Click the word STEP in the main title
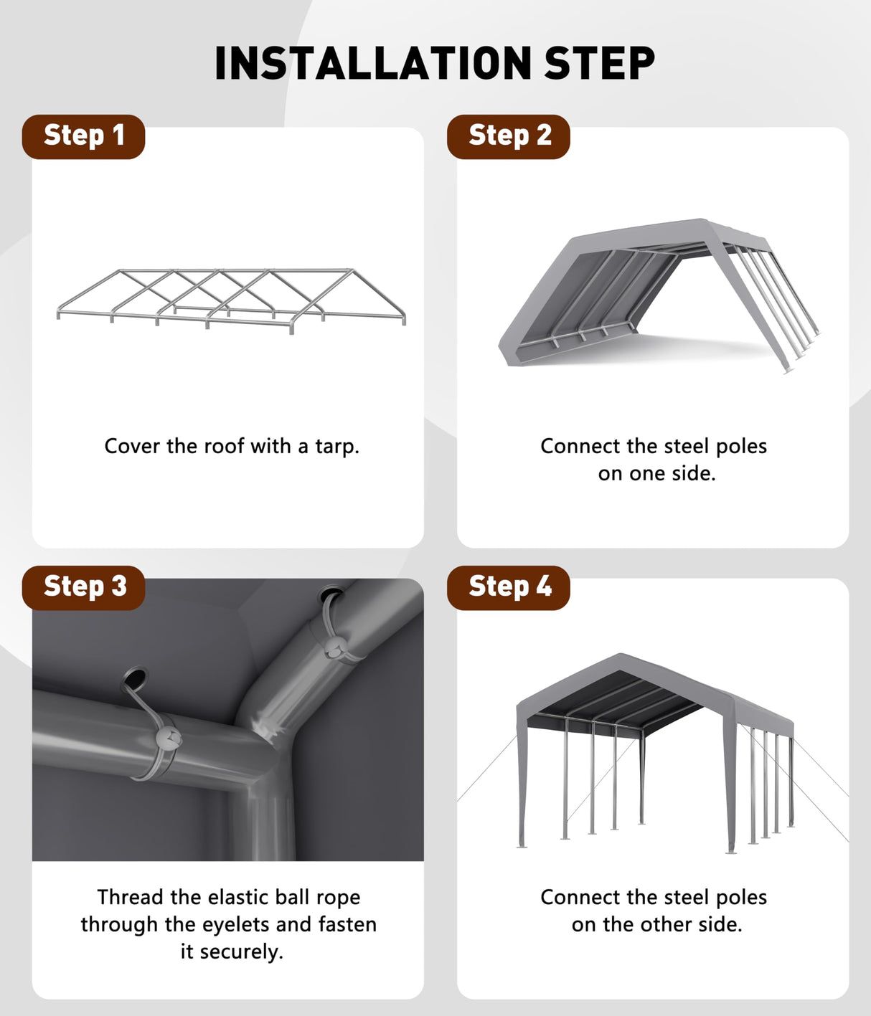point(599,63)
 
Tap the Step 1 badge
point(84,136)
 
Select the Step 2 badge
point(509,136)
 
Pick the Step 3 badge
point(84,587)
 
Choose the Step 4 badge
point(509,587)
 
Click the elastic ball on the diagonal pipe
point(333,647)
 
